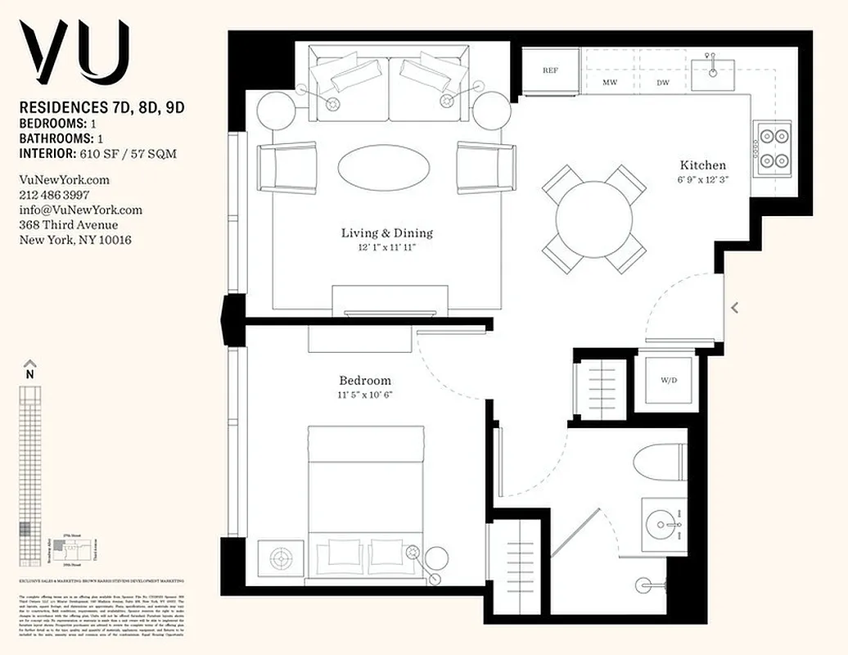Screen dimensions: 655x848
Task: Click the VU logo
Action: pyautogui.click(x=74, y=50)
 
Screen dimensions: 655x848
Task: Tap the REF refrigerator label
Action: pyautogui.click(x=551, y=70)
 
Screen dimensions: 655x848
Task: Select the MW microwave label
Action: pyautogui.click(x=610, y=83)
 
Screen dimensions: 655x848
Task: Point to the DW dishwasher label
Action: pyautogui.click(x=663, y=83)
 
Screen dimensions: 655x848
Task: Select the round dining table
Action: pyautogui.click(x=595, y=219)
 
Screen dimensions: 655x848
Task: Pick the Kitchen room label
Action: pyautogui.click(x=701, y=165)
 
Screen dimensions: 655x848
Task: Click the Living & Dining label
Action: pyautogui.click(x=386, y=233)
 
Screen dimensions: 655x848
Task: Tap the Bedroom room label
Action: pyautogui.click(x=365, y=381)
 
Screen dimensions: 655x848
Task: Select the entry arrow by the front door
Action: pyautogui.click(x=734, y=308)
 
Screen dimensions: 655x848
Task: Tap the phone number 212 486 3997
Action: pyautogui.click(x=54, y=195)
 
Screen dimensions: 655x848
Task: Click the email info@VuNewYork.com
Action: pyautogui.click(x=80, y=210)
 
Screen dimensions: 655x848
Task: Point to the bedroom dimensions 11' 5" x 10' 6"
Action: pyautogui.click(x=365, y=395)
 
